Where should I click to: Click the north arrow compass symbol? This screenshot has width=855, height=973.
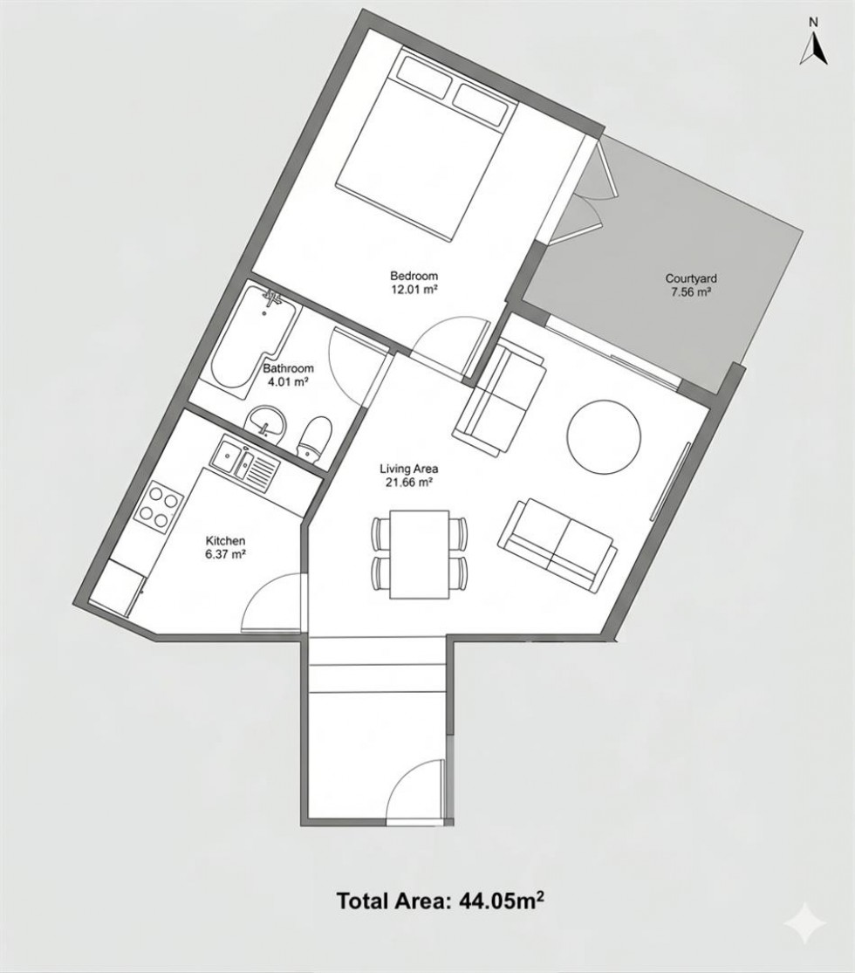pyautogui.click(x=811, y=48)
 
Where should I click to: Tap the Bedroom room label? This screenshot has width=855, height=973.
pyautogui.click(x=414, y=276)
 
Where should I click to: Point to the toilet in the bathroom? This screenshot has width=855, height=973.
pyautogui.click(x=314, y=436)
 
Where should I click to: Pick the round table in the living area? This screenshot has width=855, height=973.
pyautogui.click(x=604, y=435)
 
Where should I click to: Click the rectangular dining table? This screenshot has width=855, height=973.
pyautogui.click(x=420, y=554)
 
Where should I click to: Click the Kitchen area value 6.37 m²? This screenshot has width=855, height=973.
pyautogui.click(x=225, y=553)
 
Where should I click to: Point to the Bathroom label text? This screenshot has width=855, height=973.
pyautogui.click(x=288, y=368)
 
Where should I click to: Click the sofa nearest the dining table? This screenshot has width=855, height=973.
pyautogui.click(x=557, y=543)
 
